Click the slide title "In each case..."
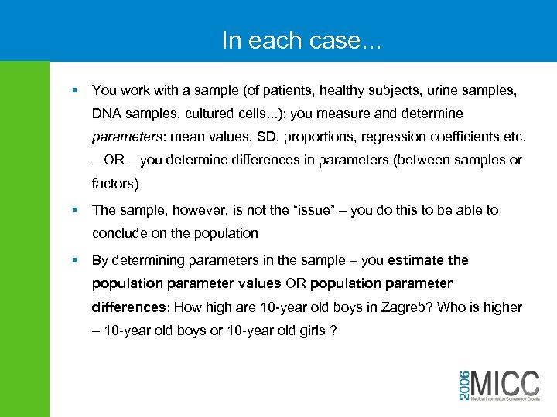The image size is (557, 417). (x=301, y=40)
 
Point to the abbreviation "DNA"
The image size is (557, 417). (x=106, y=114)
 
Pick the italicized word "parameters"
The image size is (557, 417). (x=127, y=137)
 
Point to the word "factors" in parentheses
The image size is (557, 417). (x=115, y=184)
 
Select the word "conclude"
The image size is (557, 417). (x=120, y=233)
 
